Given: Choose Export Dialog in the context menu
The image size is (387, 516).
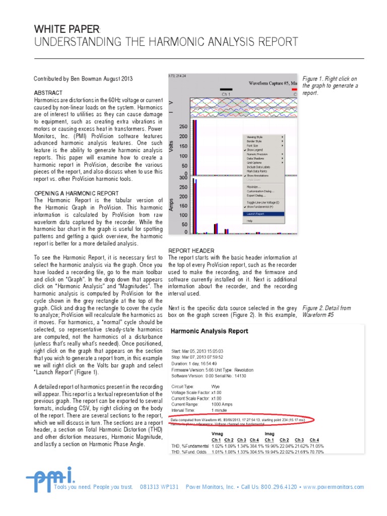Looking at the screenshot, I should [x=257, y=195].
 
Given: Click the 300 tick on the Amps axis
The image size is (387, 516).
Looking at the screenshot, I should [x=182, y=177].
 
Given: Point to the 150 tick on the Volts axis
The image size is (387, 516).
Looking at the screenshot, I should [x=183, y=146].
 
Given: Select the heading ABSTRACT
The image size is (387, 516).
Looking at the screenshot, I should [x=48, y=93].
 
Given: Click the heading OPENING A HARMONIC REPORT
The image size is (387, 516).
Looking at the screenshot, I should [x=76, y=193].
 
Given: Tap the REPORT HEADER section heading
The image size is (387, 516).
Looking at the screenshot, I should [x=191, y=250].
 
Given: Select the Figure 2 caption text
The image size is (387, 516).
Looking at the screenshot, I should [x=327, y=311].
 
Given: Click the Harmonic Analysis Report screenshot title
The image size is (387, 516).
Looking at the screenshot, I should [x=210, y=332].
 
